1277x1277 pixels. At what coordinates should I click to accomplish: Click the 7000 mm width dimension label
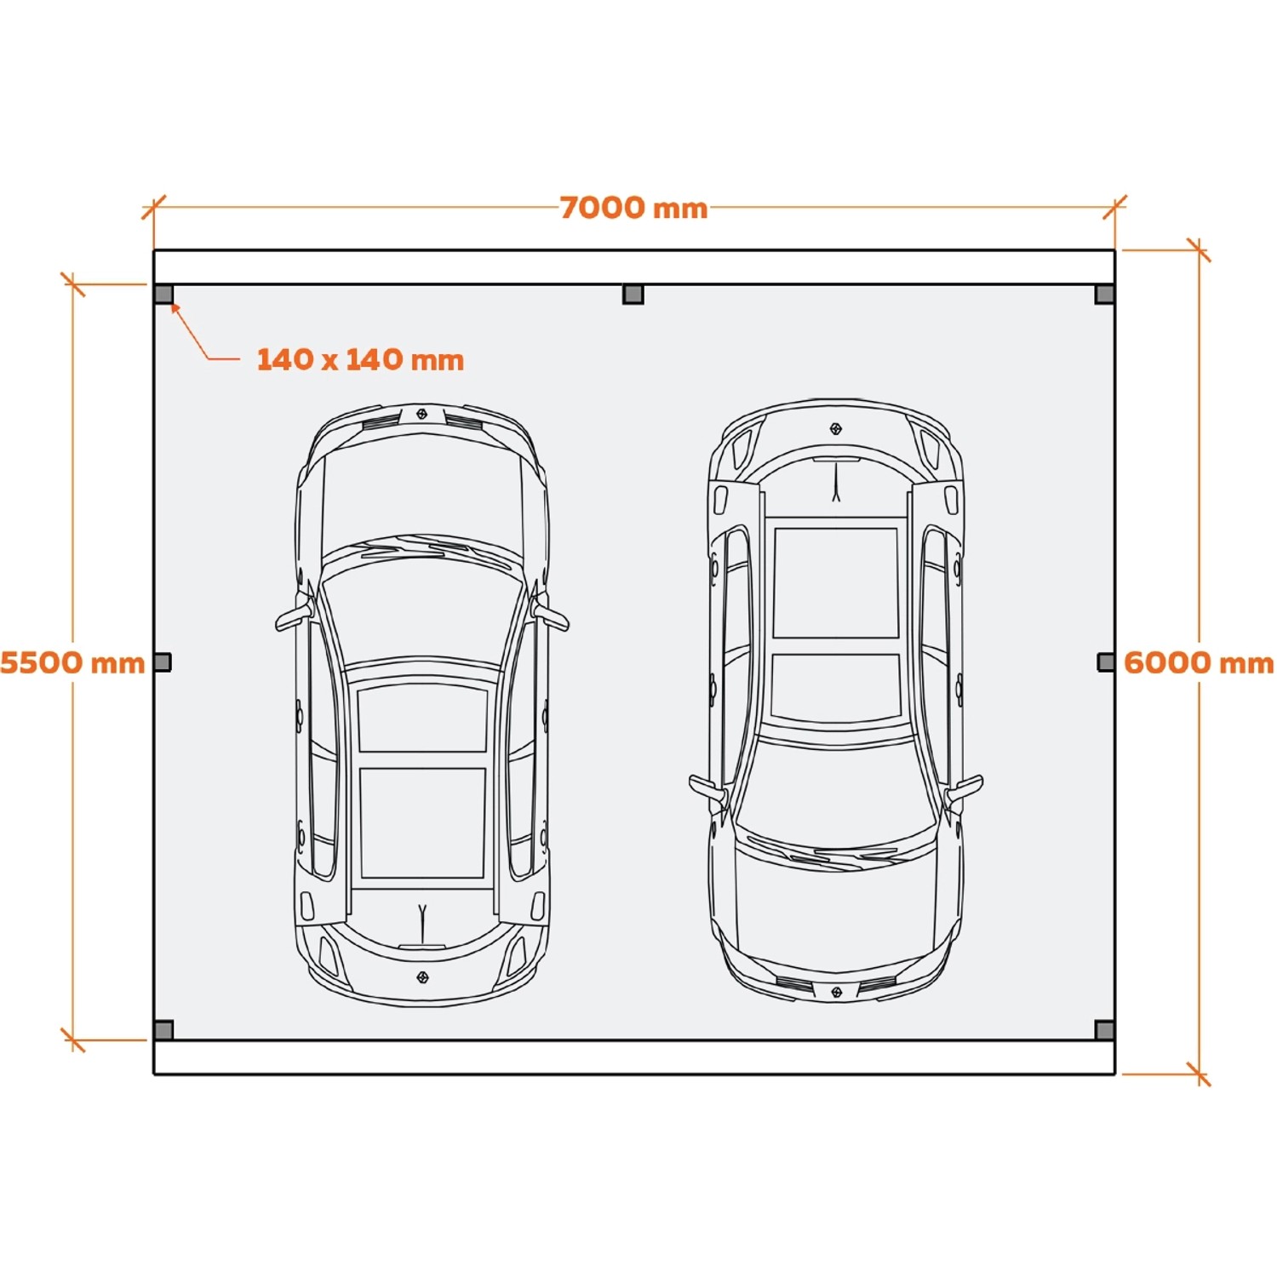(x=633, y=208)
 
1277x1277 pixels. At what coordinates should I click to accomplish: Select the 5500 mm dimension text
(x=72, y=662)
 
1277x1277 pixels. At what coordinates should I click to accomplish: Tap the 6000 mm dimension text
(x=1199, y=662)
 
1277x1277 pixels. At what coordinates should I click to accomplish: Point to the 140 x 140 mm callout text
(x=360, y=359)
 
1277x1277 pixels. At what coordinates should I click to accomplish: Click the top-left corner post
(x=164, y=295)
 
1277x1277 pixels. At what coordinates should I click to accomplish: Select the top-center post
(x=633, y=295)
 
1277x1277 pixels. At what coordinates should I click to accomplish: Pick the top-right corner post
(x=1104, y=295)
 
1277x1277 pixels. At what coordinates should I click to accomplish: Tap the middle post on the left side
(x=163, y=661)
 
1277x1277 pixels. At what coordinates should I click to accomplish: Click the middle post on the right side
(x=1106, y=661)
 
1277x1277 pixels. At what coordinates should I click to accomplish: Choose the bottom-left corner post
(x=164, y=1030)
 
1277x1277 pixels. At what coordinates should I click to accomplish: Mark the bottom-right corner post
(x=1104, y=1030)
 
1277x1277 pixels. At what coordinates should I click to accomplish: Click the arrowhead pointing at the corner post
(x=175, y=308)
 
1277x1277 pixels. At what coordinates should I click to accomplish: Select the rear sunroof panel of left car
(x=422, y=822)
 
